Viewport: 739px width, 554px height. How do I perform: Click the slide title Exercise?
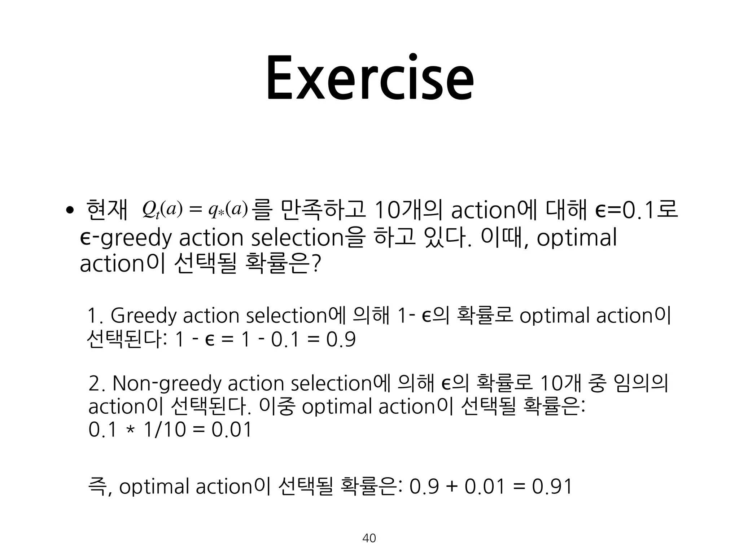click(x=369, y=78)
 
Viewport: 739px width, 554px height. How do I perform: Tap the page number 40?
click(x=369, y=538)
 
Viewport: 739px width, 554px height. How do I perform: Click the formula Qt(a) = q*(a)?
click(x=195, y=210)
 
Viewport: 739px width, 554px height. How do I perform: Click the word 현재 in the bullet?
click(x=107, y=210)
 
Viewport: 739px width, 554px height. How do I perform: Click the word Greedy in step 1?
click(x=144, y=316)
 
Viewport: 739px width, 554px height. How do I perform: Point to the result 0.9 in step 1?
click(x=341, y=340)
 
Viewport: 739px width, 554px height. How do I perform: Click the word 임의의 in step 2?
click(x=640, y=383)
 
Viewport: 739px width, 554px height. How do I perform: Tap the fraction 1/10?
click(x=165, y=430)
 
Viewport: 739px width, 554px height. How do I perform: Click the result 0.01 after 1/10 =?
click(x=231, y=430)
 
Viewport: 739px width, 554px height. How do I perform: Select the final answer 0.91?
click(x=552, y=487)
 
